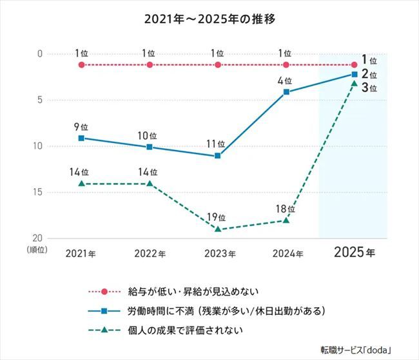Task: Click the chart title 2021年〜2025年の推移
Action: (x=209, y=19)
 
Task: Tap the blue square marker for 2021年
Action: (x=81, y=138)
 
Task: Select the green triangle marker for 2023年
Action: (x=218, y=229)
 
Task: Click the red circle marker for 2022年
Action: (x=150, y=64)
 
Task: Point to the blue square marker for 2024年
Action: (x=286, y=92)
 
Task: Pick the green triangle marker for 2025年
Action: (x=354, y=84)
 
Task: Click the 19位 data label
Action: (x=218, y=217)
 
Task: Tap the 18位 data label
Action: (x=286, y=209)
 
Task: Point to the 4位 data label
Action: (x=286, y=81)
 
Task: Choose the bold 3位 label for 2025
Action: (x=369, y=89)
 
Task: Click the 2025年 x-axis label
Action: (x=353, y=252)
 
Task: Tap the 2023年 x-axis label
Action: (x=218, y=253)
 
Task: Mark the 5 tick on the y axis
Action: (x=40, y=100)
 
